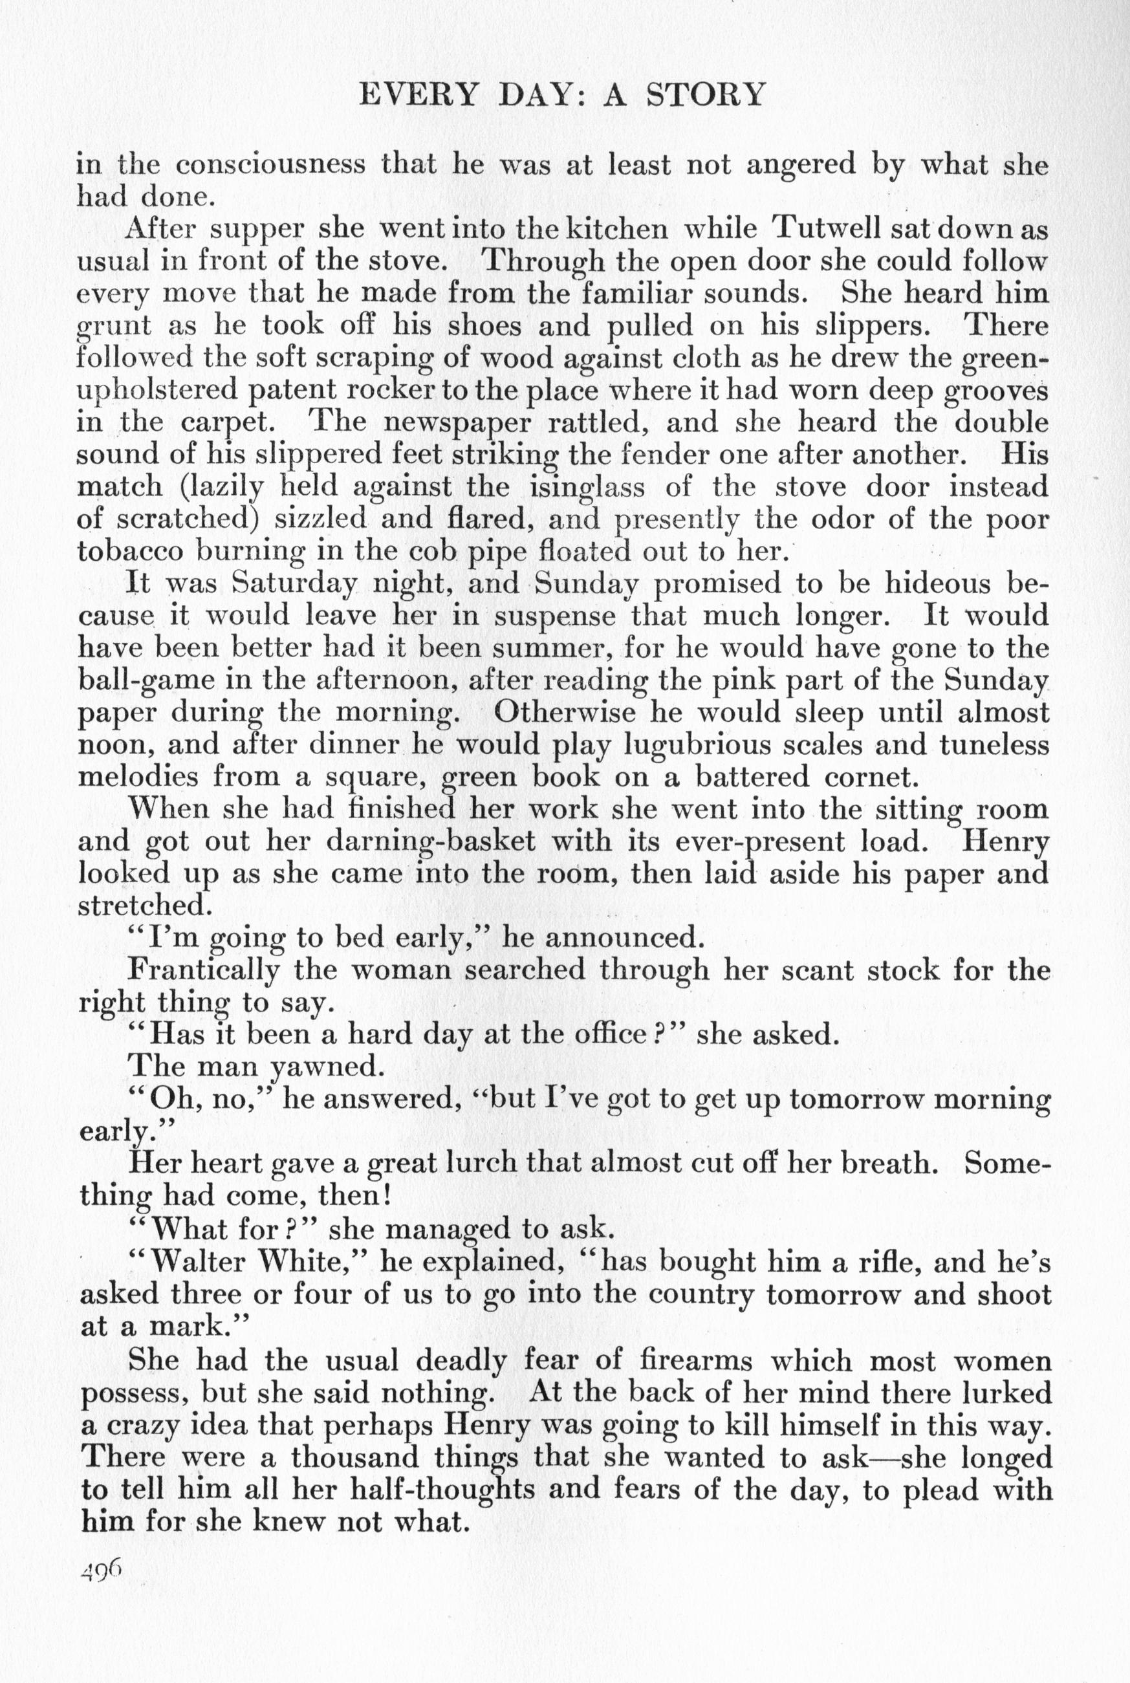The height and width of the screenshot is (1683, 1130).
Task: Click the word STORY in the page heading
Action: [705, 94]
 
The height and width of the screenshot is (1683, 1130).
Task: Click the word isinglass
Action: [587, 488]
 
